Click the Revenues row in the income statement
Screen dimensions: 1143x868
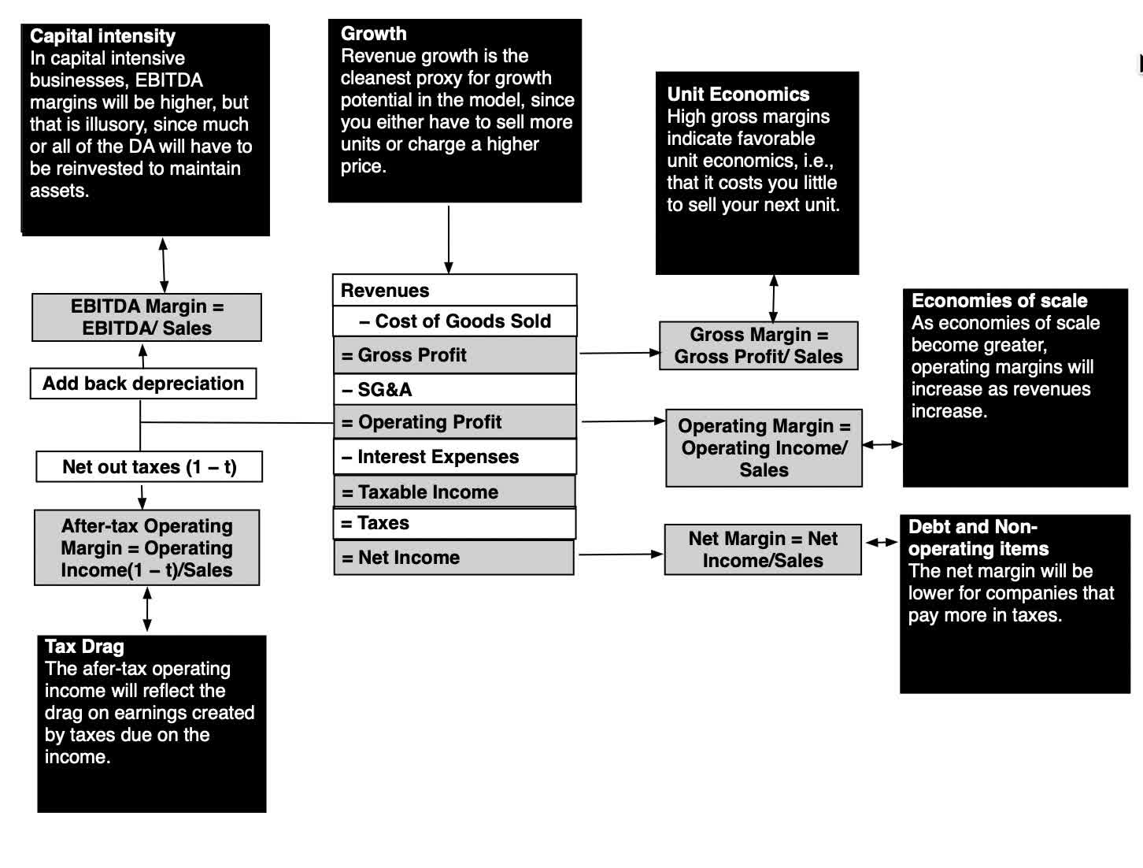pos(454,290)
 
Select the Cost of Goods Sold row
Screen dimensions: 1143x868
pos(454,321)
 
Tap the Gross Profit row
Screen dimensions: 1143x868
pos(454,354)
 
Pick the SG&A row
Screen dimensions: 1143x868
pos(454,389)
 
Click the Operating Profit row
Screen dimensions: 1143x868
pos(454,421)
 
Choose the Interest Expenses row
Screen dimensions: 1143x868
pos(454,456)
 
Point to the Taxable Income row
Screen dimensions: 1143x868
pos(454,491)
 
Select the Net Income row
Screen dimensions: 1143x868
pos(453,558)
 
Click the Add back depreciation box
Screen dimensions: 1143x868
pos(143,384)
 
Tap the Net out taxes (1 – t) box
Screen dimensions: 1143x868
pos(149,466)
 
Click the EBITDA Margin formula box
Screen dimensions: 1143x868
pos(147,317)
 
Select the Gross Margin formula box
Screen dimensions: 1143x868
pos(759,346)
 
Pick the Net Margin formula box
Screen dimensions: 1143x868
pos(763,549)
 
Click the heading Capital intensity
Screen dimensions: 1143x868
pos(102,36)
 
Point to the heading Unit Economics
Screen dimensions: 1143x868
pos(738,94)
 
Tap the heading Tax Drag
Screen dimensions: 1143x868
pos(84,646)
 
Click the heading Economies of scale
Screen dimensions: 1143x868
pos(999,301)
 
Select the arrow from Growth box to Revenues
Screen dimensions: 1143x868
pos(449,239)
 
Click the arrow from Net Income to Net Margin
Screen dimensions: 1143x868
pos(621,555)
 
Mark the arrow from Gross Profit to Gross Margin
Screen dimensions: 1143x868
pos(620,353)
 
